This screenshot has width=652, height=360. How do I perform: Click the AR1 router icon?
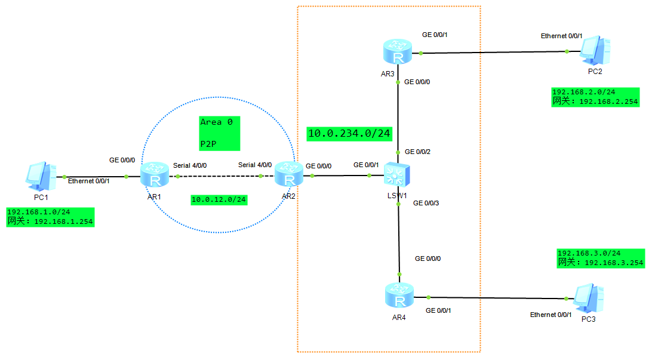tap(155, 176)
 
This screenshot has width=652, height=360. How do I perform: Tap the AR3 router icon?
tap(398, 53)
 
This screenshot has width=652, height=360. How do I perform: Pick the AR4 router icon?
tap(399, 296)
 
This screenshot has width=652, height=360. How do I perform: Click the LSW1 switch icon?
tap(397, 175)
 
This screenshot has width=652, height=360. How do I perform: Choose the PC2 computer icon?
tap(595, 51)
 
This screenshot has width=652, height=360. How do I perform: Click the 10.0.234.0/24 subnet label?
tap(349, 133)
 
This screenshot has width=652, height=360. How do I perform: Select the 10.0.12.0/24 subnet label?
tap(219, 199)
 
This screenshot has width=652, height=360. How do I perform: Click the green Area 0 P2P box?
tap(219, 133)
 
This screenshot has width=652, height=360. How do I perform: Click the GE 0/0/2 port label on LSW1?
tap(417, 152)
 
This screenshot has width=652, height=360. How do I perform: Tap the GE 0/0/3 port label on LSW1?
tap(426, 204)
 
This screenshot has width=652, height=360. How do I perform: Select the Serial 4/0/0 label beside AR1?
tap(190, 165)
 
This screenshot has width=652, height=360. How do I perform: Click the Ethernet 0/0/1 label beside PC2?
tap(562, 36)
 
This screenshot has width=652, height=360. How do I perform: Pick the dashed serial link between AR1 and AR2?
tap(219, 176)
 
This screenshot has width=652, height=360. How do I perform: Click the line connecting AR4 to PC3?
tap(496, 297)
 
